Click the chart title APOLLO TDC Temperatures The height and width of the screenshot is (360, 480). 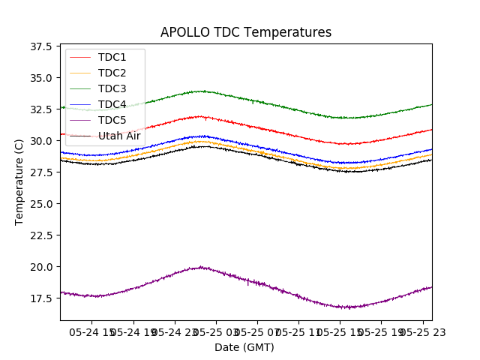click(x=246, y=32)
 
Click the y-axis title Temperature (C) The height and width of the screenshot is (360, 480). click(x=19, y=181)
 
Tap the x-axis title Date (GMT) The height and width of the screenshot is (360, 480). click(x=244, y=347)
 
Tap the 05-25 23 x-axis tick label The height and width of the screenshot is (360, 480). click(x=418, y=331)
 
